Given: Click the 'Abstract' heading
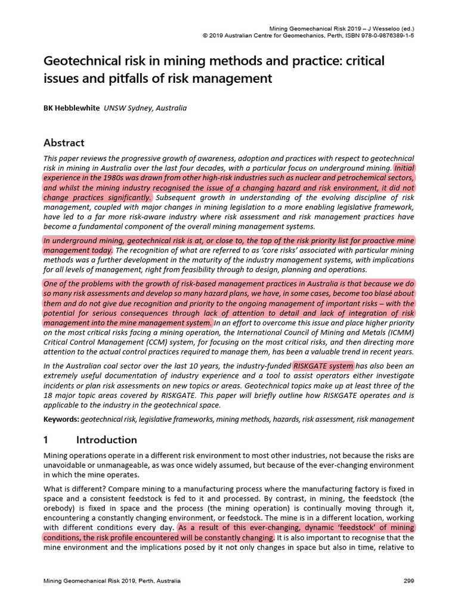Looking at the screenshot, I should [x=64, y=143].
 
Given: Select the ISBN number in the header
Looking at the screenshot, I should [x=370, y=35].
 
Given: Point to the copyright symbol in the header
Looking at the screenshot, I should [x=205, y=35].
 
